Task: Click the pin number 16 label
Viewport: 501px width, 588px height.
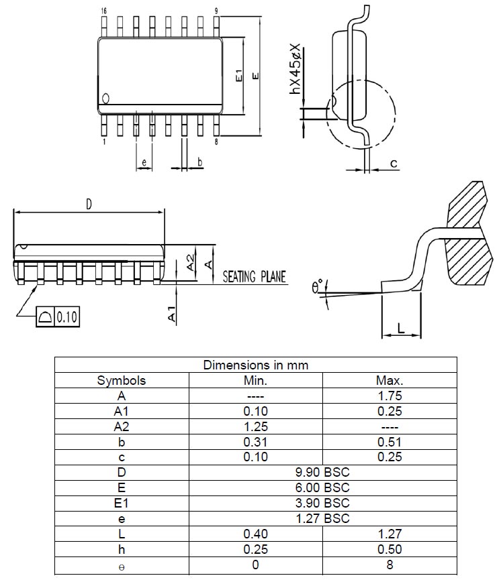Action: (103, 11)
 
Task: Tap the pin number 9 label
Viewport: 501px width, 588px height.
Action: (216, 11)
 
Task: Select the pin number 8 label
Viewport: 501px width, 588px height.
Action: (216, 142)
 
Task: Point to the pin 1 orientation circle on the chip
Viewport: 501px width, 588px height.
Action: (106, 99)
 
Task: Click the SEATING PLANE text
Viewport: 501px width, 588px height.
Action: (254, 277)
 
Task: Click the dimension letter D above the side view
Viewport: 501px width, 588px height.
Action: (89, 204)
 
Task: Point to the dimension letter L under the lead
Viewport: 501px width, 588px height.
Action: (400, 329)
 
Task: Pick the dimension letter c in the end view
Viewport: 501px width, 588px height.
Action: (394, 163)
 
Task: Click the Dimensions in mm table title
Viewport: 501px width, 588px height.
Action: (255, 365)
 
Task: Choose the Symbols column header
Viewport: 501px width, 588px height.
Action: (122, 380)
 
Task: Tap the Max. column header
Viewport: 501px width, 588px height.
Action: (390, 380)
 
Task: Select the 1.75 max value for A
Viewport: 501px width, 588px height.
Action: (390, 396)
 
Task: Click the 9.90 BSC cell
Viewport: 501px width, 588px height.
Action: (322, 472)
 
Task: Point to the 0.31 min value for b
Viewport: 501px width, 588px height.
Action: (255, 442)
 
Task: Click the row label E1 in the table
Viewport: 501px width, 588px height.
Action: (122, 503)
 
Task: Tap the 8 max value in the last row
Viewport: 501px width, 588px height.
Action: (390, 565)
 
